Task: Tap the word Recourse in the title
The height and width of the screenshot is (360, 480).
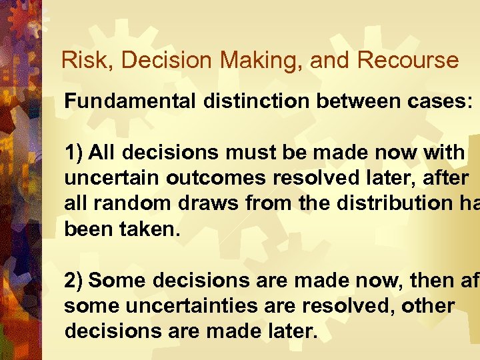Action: point(408,60)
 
